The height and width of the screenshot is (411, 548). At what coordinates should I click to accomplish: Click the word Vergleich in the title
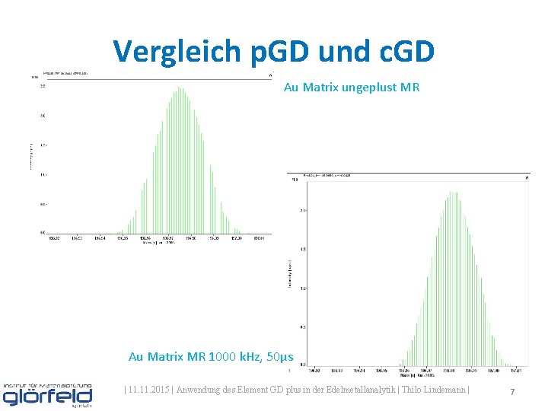[x=174, y=52]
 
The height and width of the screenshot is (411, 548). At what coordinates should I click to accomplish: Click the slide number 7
[x=512, y=391]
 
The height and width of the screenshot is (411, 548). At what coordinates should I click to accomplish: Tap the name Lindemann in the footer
[x=447, y=390]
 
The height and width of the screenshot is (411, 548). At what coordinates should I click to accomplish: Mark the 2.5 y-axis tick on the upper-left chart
[x=43, y=86]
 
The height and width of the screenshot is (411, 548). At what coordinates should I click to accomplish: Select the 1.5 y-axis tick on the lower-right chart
[x=303, y=249]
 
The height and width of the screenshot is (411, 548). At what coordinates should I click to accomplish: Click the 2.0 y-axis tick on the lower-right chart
[x=303, y=209]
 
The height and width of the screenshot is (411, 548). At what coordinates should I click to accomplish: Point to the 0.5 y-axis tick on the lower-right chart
[x=303, y=327]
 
